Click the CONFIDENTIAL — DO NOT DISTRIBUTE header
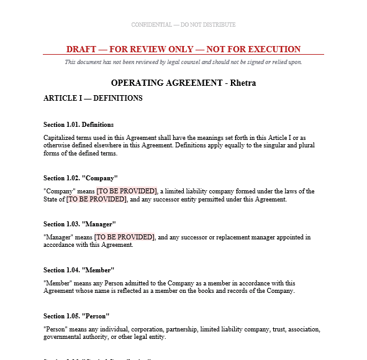point(183,25)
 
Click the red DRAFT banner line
point(183,49)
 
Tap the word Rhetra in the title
point(243,83)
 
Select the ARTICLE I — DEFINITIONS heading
point(93,98)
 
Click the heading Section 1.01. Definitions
point(78,124)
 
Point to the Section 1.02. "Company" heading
point(80,178)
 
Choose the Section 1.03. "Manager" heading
point(79,224)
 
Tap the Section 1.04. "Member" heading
point(79,270)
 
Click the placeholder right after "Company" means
point(126,191)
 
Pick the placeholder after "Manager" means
point(124,237)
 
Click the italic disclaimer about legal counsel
point(183,62)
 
